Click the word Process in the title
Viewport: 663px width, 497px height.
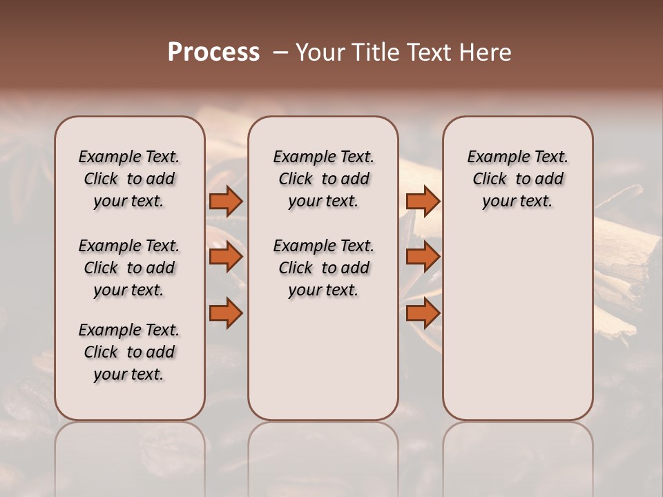click(x=213, y=52)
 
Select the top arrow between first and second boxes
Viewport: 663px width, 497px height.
click(x=225, y=201)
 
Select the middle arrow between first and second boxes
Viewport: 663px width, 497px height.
click(x=225, y=257)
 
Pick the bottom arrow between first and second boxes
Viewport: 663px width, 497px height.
click(x=225, y=313)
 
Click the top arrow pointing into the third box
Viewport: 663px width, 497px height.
click(x=423, y=201)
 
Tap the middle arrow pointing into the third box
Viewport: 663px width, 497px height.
click(x=423, y=257)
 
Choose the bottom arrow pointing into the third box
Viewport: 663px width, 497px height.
click(x=423, y=313)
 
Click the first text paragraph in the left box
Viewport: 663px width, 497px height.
click(x=129, y=179)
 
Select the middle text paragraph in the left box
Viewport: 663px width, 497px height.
click(x=129, y=268)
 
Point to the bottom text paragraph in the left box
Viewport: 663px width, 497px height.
click(x=129, y=352)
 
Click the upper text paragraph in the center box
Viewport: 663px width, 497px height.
click(x=323, y=179)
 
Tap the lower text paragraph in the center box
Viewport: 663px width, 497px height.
click(x=323, y=268)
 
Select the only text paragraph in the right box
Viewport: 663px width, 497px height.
click(x=518, y=179)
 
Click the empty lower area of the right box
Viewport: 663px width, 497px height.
click(x=518, y=324)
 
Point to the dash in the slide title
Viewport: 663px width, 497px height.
click(x=280, y=52)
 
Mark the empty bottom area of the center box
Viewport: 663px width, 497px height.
click(x=323, y=366)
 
